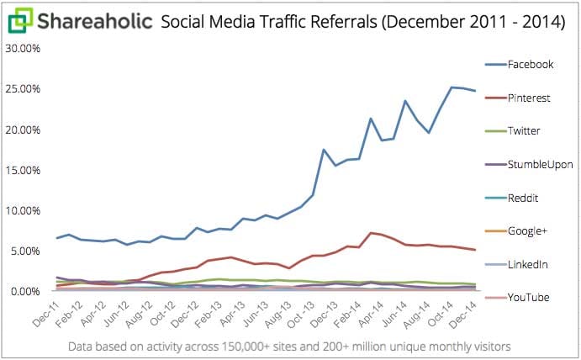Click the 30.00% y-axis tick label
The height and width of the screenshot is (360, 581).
coord(23,48)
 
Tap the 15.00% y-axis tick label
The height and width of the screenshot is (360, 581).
coord(23,170)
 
